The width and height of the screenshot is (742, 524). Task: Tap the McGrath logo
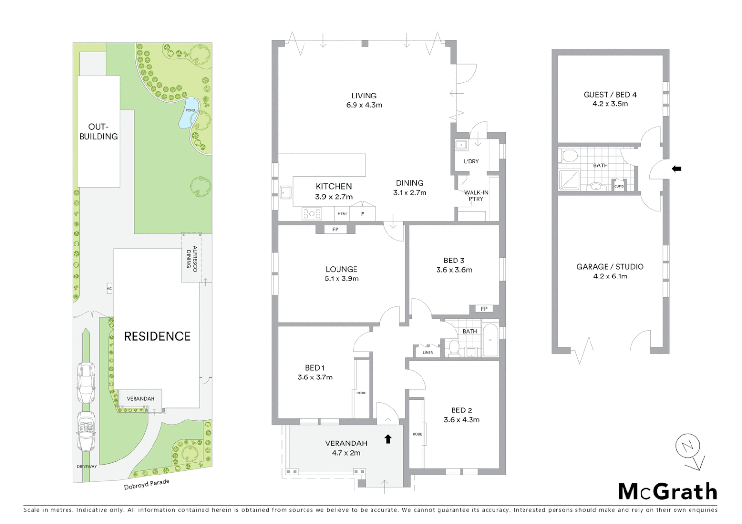click(667, 491)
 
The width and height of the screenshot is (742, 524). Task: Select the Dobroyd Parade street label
click(147, 484)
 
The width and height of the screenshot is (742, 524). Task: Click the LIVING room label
click(364, 96)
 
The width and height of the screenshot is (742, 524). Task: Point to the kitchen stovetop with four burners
click(311, 213)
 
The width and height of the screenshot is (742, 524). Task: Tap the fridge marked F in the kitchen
click(362, 213)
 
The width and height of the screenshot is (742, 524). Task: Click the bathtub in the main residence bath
click(490, 340)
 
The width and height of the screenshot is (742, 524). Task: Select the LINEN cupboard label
click(428, 352)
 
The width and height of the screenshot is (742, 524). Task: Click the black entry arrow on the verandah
click(388, 439)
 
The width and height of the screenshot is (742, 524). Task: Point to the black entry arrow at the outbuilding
click(676, 169)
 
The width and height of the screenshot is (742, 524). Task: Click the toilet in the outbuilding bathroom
click(569, 156)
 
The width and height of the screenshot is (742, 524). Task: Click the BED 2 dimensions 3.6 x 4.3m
click(461, 420)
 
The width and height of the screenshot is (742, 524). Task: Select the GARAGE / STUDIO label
click(610, 267)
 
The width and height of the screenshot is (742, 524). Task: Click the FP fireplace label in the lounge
click(335, 229)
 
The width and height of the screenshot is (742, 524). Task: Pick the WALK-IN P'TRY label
click(476, 196)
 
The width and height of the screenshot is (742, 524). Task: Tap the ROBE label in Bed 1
click(361, 393)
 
